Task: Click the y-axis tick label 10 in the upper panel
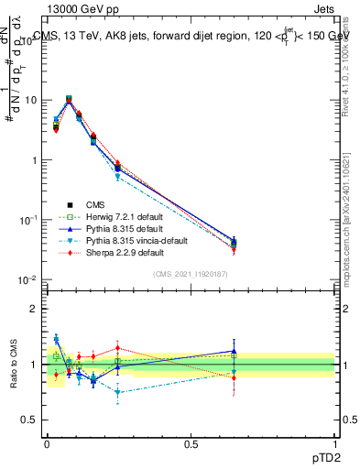pos(30,100)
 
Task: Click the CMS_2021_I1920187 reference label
pos(191,274)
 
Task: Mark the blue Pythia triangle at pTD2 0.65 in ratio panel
pos(234,351)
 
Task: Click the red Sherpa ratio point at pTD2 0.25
pos(118,347)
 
